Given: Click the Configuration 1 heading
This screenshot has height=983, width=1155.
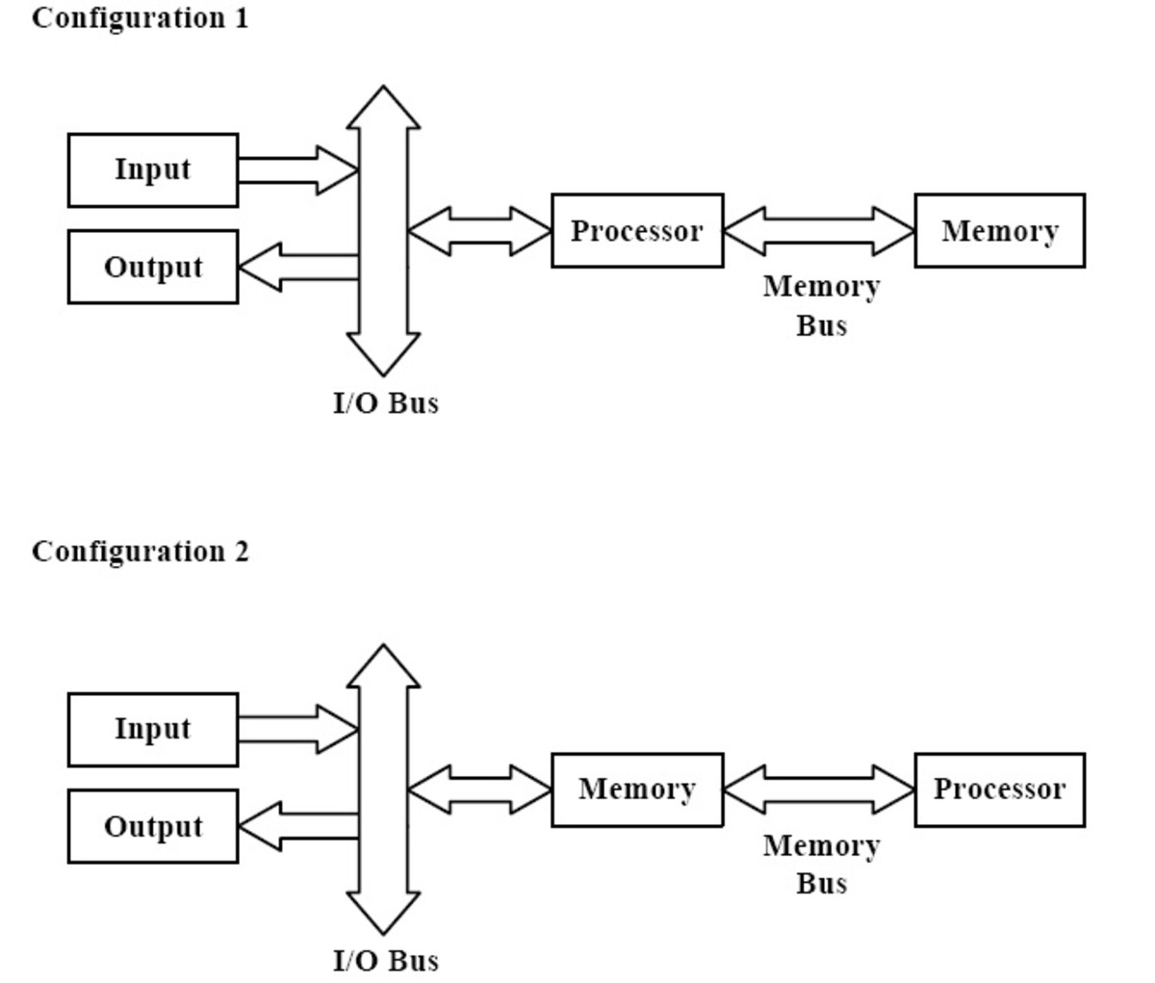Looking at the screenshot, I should [x=140, y=17].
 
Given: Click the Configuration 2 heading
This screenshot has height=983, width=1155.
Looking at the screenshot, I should [x=140, y=552].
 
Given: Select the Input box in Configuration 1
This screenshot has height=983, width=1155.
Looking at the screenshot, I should [x=153, y=170].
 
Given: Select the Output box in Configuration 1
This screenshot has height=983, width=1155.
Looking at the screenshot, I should [x=153, y=267].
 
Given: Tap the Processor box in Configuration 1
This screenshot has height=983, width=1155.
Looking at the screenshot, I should [x=637, y=231].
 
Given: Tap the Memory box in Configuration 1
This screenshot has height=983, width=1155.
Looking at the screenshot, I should [x=999, y=231].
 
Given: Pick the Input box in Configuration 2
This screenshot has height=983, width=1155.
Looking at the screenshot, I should [x=153, y=730].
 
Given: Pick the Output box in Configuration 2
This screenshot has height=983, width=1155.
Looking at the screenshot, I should [x=153, y=826].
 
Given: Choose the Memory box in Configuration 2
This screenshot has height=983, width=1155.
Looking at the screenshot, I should [x=637, y=789].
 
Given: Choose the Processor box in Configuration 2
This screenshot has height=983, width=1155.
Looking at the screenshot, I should [x=999, y=789].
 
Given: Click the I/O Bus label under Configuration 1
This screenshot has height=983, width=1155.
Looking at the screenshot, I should [x=385, y=403].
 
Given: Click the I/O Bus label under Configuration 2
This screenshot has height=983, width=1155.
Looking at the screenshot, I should [x=385, y=961].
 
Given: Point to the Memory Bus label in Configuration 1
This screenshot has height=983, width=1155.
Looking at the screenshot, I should [x=820, y=305].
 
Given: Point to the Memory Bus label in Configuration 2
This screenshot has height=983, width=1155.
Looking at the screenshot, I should [x=820, y=864].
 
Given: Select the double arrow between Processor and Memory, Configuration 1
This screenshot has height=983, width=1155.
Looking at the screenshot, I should [x=818, y=231].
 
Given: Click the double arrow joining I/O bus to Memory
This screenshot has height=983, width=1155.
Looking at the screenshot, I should [x=479, y=789].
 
